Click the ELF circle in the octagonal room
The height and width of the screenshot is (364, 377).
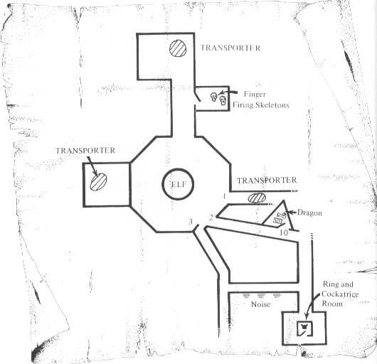(178, 169)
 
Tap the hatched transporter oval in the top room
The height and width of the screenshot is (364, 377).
(178, 48)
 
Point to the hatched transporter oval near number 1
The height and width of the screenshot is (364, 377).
(257, 198)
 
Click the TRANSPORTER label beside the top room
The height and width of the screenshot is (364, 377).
(230, 48)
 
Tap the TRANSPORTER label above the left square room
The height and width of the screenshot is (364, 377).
(85, 151)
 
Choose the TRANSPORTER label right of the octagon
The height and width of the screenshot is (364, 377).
(267, 180)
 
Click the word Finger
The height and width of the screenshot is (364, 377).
(255, 94)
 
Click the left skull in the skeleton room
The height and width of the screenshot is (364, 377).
(213, 97)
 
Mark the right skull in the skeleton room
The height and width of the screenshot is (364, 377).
(223, 100)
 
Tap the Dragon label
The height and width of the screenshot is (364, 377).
(309, 213)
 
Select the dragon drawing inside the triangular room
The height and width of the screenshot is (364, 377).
(280, 218)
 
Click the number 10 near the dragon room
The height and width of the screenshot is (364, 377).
(284, 232)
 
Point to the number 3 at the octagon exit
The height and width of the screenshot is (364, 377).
(191, 222)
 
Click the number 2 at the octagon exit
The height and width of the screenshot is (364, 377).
(211, 218)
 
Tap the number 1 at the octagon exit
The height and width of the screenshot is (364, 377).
(224, 196)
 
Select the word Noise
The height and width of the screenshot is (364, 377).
(260, 304)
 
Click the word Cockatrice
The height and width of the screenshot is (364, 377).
(340, 294)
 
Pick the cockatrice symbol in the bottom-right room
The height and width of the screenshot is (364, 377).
(305, 328)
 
